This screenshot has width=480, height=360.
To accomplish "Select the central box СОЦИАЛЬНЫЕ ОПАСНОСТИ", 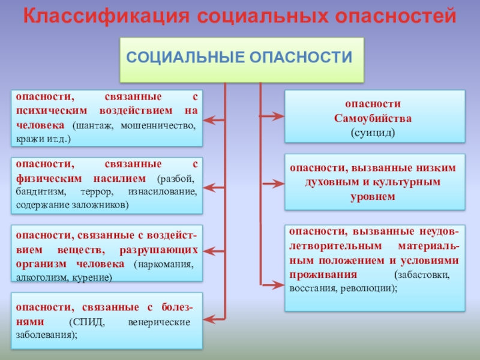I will coord(242,59).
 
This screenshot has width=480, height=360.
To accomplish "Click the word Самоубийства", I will coord(373,118).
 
